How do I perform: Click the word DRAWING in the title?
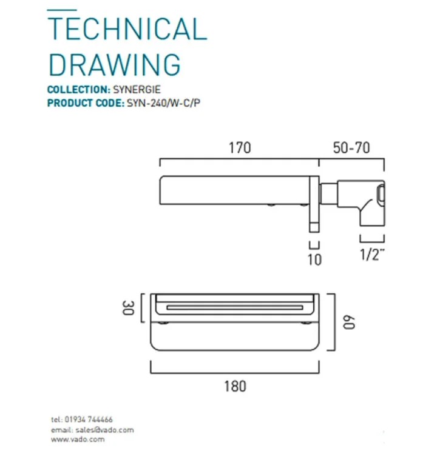[x=114, y=64]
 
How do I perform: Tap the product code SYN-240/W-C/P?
[x=163, y=102]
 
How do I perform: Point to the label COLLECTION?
[x=78, y=90]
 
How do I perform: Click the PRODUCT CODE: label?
[x=84, y=102]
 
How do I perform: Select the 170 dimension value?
[x=239, y=147]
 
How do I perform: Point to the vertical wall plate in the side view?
[x=314, y=204]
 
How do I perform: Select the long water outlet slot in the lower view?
[x=234, y=308]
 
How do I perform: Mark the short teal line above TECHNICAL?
[x=62, y=10]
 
